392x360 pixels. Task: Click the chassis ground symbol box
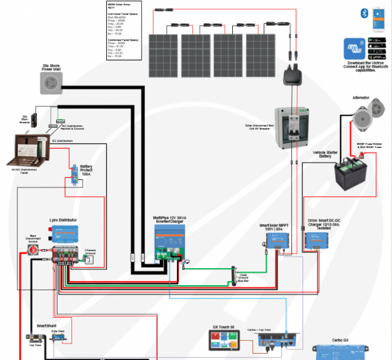pyautogui.click(x=89, y=260)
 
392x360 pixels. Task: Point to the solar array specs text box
pyautogui.click(x=124, y=30)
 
